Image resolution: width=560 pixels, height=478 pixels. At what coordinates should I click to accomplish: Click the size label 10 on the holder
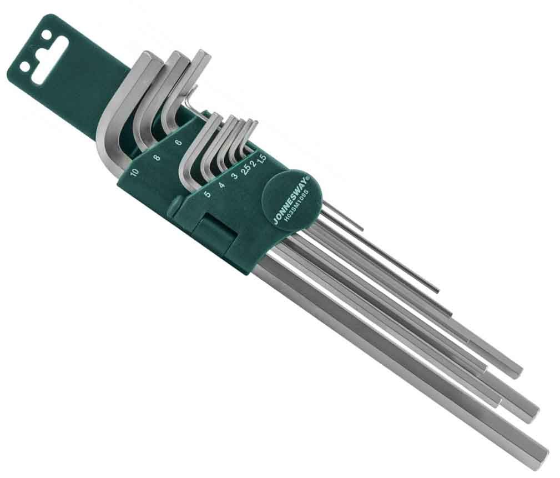134,172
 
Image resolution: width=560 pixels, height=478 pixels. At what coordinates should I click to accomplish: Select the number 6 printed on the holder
179,142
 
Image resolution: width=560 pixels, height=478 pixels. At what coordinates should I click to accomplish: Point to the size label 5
206,194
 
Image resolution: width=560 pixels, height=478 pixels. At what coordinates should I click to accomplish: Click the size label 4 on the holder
221,185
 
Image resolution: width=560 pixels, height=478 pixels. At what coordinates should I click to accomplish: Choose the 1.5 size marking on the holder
263,158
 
